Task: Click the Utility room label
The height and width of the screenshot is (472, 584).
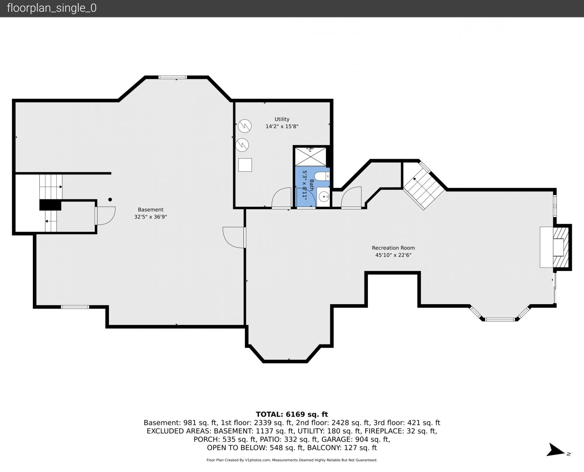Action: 282,119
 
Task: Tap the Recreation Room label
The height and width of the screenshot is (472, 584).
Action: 393,248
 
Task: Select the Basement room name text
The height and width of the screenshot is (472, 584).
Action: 150,210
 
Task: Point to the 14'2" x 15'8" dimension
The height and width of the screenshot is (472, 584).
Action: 282,127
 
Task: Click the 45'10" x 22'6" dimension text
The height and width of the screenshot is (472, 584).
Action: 393,255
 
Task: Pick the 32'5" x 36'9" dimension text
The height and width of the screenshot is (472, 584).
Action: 150,217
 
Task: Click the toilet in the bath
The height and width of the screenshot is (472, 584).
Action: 322,176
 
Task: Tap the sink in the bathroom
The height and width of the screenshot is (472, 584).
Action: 324,196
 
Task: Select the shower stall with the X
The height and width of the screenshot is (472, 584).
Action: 310,157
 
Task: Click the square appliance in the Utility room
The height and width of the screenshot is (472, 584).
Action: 245,165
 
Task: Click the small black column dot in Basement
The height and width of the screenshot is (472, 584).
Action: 110,199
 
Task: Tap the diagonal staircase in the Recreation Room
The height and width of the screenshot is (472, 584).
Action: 424,187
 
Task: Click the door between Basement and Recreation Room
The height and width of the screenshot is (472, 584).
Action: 234,237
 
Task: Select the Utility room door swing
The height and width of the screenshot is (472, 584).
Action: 281,198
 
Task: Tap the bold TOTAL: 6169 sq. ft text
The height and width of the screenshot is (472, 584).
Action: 292,414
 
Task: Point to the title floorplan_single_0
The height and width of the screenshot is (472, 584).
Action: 52,8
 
